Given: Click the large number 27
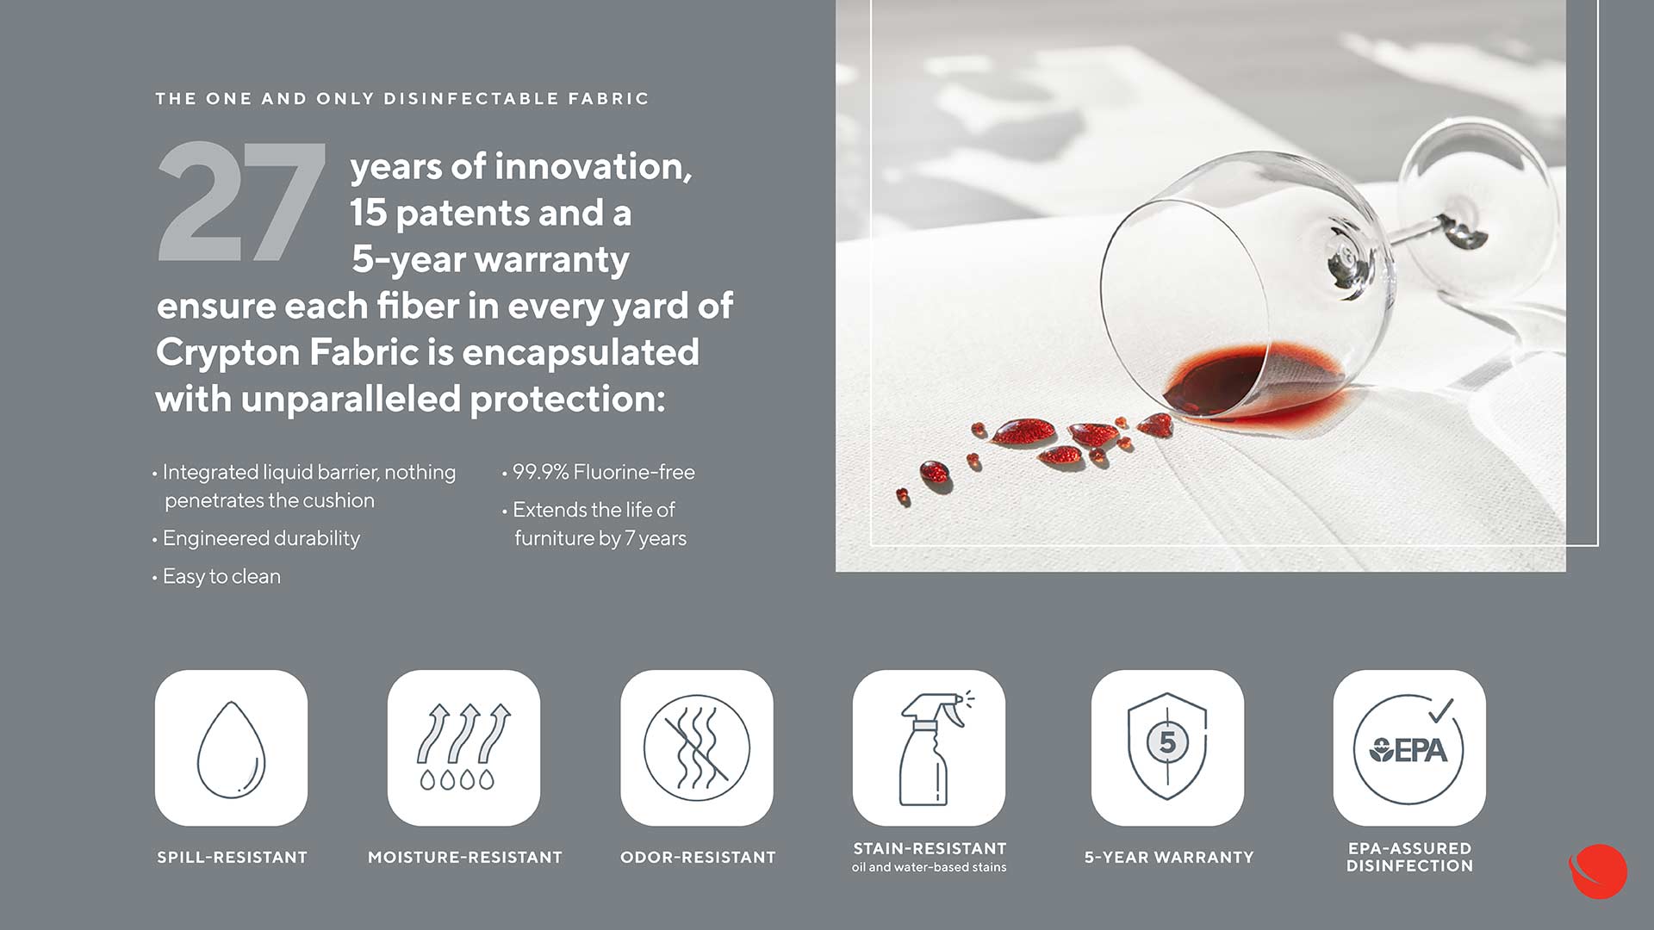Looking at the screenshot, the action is [x=242, y=201].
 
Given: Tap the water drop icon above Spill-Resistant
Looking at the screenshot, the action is [x=231, y=748].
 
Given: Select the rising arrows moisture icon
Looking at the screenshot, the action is [x=463, y=747].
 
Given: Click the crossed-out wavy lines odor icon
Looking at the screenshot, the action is [x=697, y=747].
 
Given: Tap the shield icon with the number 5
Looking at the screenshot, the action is [x=1167, y=747].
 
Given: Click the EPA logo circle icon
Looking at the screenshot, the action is [x=1408, y=748].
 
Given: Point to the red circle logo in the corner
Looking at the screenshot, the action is [x=1598, y=871].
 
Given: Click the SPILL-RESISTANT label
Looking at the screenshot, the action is [x=232, y=858].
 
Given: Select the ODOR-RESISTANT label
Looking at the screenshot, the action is [x=698, y=858].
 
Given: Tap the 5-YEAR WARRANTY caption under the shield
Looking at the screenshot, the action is [x=1169, y=858].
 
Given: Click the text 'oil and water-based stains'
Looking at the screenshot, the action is [x=929, y=867].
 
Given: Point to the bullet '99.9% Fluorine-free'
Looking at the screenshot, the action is [x=603, y=472].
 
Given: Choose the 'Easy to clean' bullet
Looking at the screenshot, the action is [x=221, y=576].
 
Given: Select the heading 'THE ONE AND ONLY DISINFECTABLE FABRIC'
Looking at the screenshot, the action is [x=401, y=99].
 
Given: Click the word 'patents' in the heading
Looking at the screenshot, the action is [x=462, y=214].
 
